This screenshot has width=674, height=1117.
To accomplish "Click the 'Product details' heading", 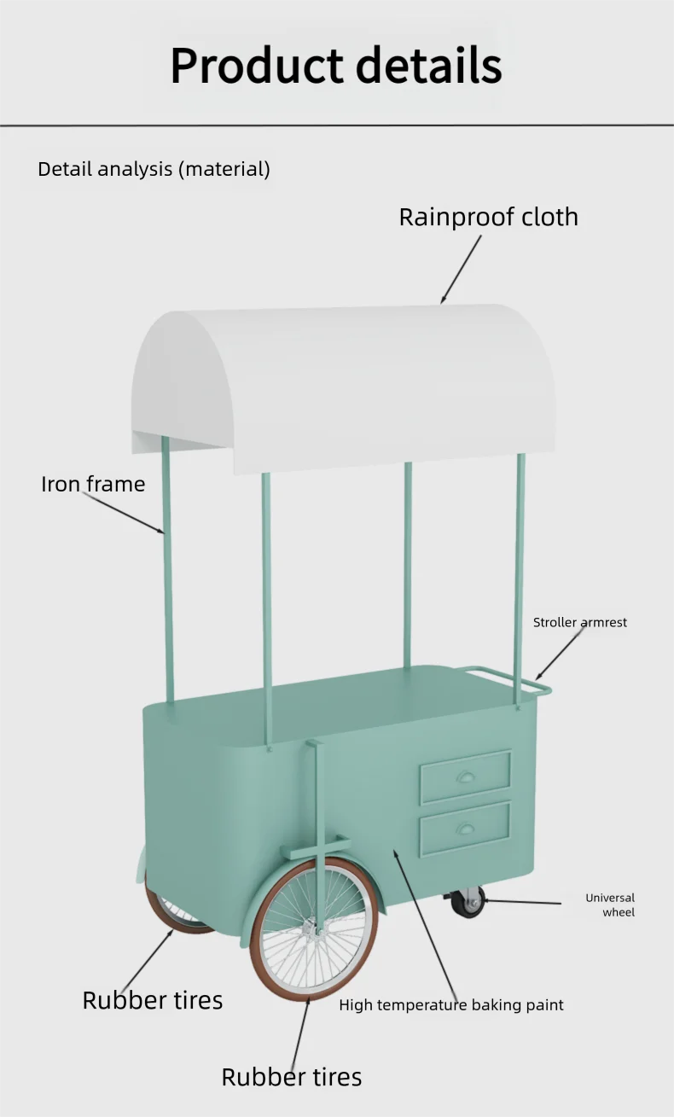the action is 336,66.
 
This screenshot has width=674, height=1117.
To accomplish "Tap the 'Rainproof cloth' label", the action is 489,217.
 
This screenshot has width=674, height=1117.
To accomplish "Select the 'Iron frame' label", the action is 93,484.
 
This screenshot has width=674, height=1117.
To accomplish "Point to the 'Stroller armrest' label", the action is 580,622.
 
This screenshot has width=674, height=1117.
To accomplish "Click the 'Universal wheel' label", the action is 610,905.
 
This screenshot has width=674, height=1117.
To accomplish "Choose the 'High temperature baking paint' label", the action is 451,1005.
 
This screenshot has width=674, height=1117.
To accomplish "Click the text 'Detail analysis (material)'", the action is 154,169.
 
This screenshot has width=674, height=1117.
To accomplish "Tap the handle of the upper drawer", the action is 465,777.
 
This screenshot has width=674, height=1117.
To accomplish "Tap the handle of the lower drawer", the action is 465,829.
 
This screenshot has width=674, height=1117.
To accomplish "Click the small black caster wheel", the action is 468,903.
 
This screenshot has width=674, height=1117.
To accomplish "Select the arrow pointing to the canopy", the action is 461,270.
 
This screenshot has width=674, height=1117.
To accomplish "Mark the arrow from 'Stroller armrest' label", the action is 560,654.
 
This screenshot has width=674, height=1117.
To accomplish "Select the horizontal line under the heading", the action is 337,125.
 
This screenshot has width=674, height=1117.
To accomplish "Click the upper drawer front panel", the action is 466,777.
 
